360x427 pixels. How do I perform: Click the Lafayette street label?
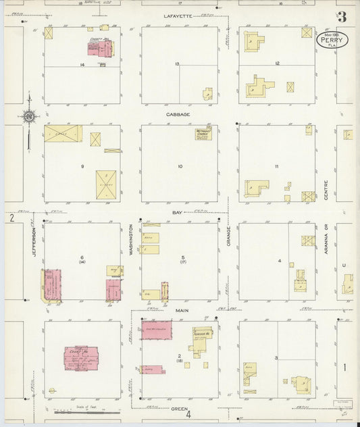pyautogui.click(x=178, y=15)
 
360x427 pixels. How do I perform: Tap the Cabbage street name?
pyautogui.click(x=178, y=114)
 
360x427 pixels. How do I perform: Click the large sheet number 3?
pyautogui.click(x=343, y=17)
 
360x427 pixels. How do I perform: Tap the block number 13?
pyautogui.click(x=178, y=64)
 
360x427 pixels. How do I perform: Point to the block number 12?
pyautogui.click(x=277, y=63)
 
